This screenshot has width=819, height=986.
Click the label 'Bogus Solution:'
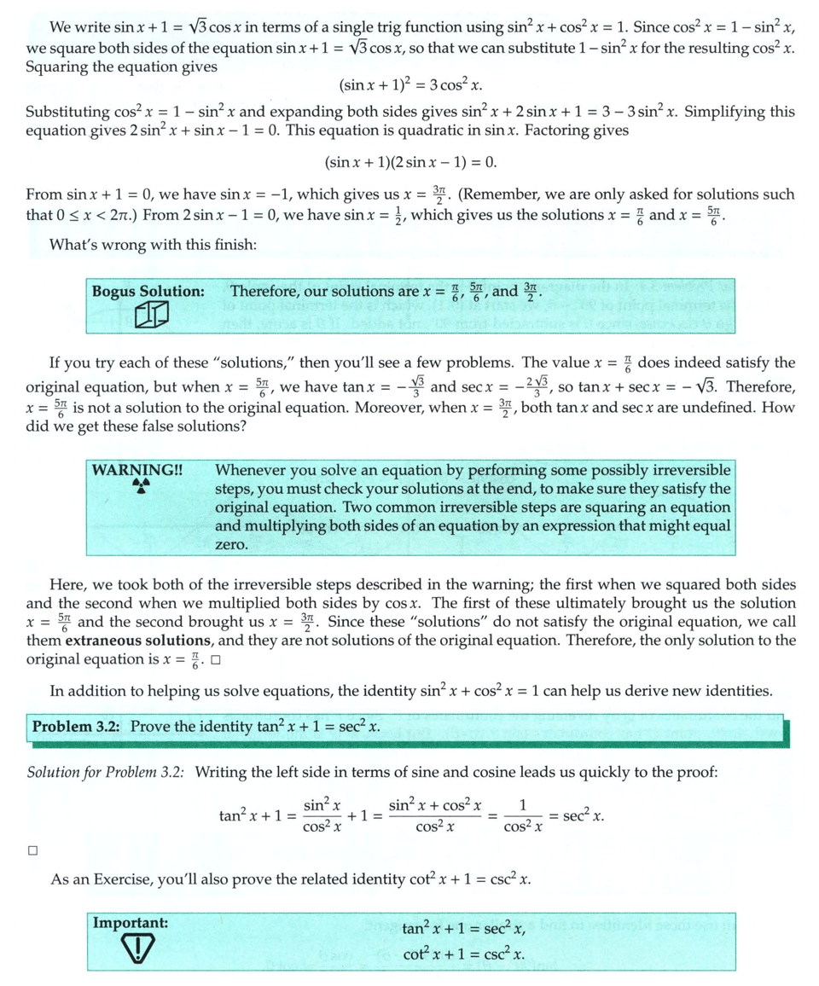pos(148,292)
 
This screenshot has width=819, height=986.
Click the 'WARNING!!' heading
pos(136,470)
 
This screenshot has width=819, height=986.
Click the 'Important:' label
pos(130,923)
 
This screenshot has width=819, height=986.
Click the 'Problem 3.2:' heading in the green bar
pos(73,728)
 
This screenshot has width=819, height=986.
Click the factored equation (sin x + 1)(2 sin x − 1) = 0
pos(410,161)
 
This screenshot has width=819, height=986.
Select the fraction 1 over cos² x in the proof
pos(522,816)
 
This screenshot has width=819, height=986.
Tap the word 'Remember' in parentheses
pos(503,195)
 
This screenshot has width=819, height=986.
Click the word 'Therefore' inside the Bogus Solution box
pos(268,292)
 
